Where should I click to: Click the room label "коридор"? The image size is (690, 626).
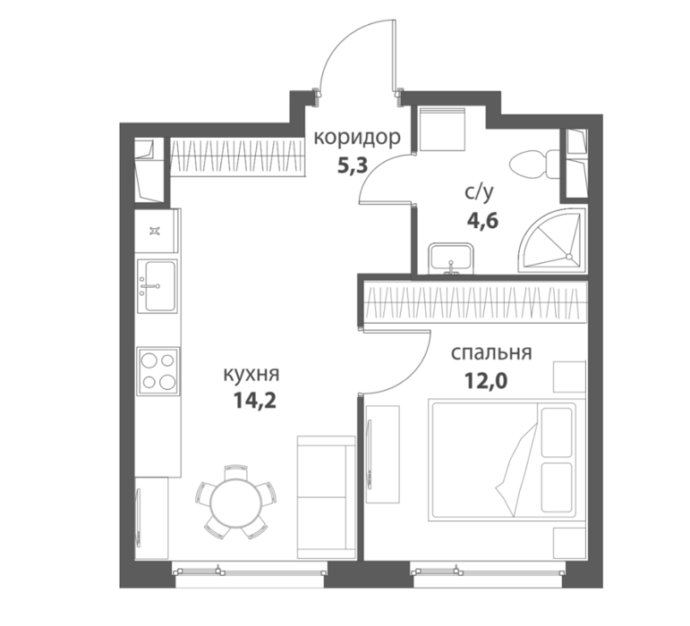[x=357, y=138]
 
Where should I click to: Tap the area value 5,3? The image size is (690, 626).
[x=352, y=166]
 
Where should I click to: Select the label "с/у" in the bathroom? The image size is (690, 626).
[x=479, y=192]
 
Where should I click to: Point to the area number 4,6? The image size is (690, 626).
[x=482, y=221]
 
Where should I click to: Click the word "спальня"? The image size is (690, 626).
[x=491, y=353]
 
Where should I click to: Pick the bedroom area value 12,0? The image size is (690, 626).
[x=486, y=381]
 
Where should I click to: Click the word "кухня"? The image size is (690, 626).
[x=251, y=375]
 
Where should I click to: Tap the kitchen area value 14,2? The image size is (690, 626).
[x=255, y=400]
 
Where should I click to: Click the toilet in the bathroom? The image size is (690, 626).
[x=534, y=165]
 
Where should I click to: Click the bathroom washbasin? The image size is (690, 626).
[x=451, y=258]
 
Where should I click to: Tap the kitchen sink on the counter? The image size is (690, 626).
[x=158, y=286]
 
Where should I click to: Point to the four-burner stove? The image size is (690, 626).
[x=158, y=371]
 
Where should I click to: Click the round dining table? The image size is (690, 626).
[x=236, y=503]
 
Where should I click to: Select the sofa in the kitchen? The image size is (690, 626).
[x=326, y=497]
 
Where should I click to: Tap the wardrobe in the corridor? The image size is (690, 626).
[x=238, y=156]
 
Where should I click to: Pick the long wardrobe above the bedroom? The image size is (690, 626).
[x=476, y=303]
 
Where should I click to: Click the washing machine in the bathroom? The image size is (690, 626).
[x=442, y=131]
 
